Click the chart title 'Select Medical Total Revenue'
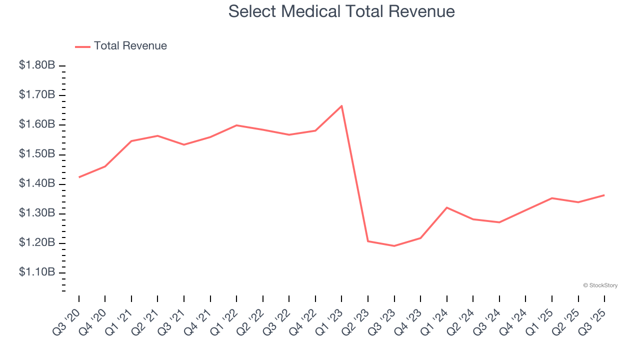coord(341,11)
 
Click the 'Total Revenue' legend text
coord(130,46)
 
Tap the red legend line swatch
coord(82,46)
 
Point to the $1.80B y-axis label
coord(37,65)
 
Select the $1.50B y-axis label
coord(37,154)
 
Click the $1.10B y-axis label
coord(37,272)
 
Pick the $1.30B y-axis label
coord(37,213)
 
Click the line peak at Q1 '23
coord(341,106)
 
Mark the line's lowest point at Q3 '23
coord(394,246)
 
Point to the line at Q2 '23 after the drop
coord(368,241)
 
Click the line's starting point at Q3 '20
coord(79,177)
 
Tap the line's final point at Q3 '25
coord(604,195)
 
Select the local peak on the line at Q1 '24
coord(446,207)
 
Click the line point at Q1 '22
coord(236,125)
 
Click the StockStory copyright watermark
coord(600,285)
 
